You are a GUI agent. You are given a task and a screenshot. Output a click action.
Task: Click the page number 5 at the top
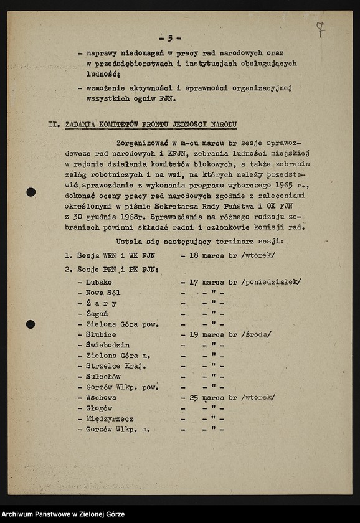tap(169, 38)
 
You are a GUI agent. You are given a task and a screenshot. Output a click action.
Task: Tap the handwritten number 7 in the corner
tap(320, 28)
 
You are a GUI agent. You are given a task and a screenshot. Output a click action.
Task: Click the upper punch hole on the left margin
tap(31, 192)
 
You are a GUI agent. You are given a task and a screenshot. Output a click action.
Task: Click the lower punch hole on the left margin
tap(31, 324)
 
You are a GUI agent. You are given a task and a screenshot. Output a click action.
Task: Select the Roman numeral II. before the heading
tap(55, 124)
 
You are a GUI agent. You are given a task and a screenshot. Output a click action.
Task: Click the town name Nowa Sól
tap(103, 293)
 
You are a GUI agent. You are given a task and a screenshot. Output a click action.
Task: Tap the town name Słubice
tap(102, 334)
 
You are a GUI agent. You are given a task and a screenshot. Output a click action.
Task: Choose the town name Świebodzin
tap(108, 345)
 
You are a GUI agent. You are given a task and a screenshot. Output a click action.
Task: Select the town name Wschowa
tap(102, 397)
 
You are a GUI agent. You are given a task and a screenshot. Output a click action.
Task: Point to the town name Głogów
tap(100, 408)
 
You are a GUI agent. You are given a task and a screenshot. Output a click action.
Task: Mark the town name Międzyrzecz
tap(110, 418)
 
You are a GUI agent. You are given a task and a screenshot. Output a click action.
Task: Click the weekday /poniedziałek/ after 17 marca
tap(272, 282)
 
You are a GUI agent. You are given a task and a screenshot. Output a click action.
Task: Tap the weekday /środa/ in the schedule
tap(257, 334)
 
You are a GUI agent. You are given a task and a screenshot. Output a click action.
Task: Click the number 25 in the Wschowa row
tap(195, 397)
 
